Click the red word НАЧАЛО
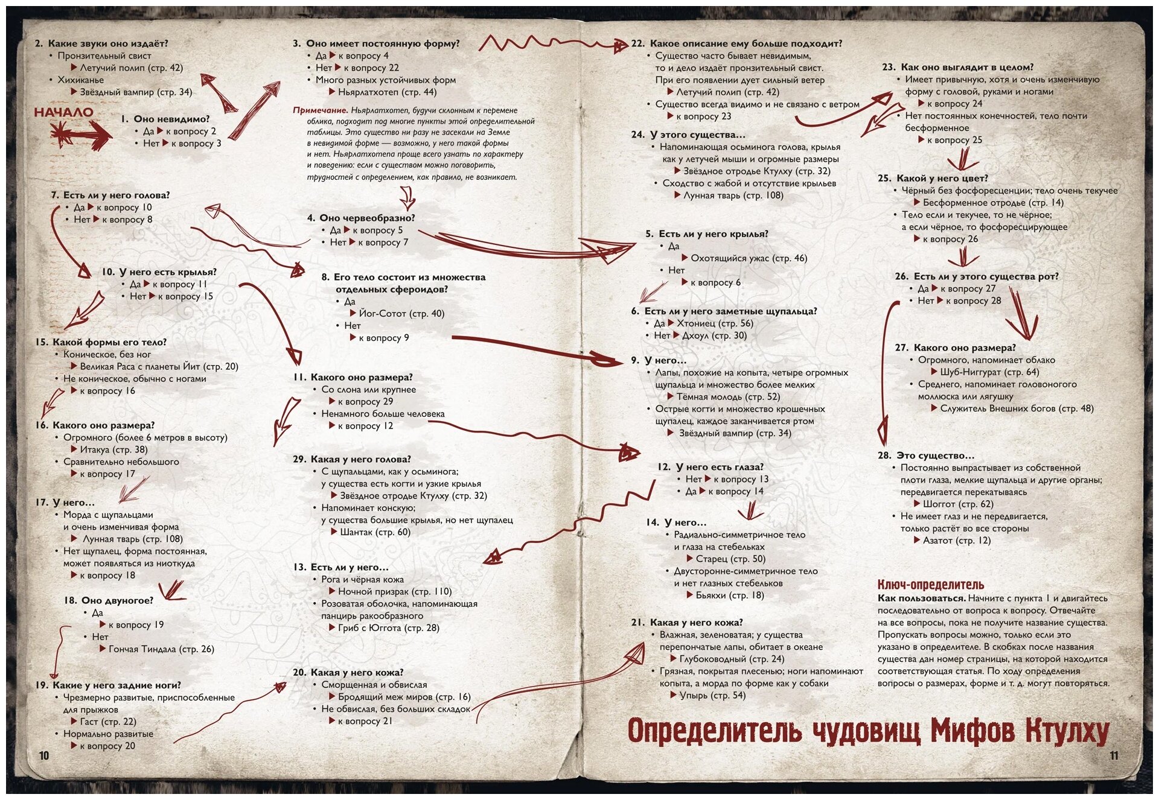click(63, 112)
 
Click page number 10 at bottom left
click(43, 756)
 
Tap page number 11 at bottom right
click(1114, 756)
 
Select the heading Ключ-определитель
click(930, 585)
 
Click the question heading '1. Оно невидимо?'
click(165, 119)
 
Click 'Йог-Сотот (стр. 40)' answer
click(401, 314)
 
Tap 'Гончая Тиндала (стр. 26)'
click(161, 649)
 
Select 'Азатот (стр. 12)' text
click(957, 541)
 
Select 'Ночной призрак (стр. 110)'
click(394, 592)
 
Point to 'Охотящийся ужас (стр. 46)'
click(749, 258)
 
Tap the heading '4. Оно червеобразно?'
click(361, 218)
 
